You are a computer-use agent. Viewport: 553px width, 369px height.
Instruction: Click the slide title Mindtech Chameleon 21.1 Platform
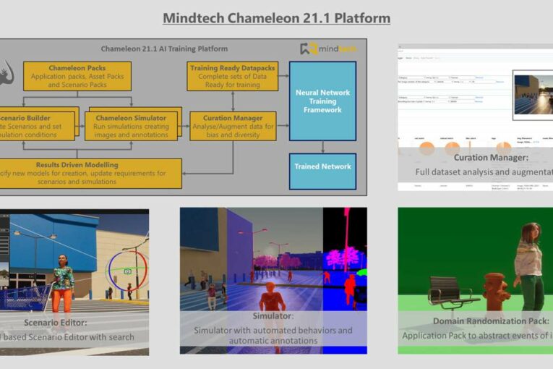276,18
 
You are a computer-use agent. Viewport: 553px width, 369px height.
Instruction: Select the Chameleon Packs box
77,76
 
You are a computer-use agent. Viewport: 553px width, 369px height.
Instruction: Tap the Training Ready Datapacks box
232,76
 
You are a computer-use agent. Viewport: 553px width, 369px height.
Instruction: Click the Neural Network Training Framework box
322,101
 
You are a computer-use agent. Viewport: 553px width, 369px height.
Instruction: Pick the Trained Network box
322,166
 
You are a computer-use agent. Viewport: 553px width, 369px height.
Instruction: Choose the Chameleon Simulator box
130,126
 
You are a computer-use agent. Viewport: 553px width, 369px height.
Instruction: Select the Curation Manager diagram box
232,126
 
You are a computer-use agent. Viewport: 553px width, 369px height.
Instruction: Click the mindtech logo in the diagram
328,49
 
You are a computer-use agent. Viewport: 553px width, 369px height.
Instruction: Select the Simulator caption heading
273,316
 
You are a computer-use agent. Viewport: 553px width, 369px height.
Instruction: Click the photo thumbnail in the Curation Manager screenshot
531,92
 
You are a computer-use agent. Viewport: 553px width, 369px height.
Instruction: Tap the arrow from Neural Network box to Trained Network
322,147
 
